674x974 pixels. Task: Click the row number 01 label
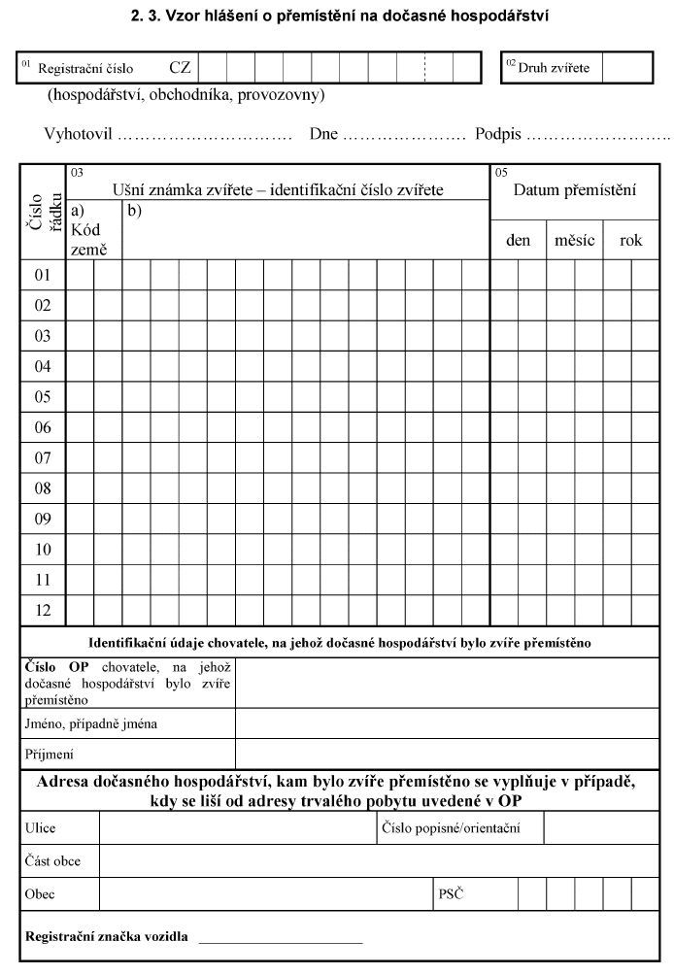[x=43, y=275]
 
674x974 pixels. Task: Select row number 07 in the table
[x=43, y=457]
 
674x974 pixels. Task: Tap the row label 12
[x=43, y=610]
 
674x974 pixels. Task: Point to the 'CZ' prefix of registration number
[x=180, y=68]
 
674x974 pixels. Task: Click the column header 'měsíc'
[x=574, y=240]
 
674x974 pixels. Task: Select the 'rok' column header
[x=631, y=240]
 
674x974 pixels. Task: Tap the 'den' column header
[x=519, y=240]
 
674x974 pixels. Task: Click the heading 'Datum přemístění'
[x=574, y=190]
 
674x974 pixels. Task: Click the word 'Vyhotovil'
[x=78, y=134]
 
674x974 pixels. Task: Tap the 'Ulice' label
[x=41, y=828]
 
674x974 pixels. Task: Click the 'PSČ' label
[x=452, y=893]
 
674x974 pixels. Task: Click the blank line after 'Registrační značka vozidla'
[x=281, y=938]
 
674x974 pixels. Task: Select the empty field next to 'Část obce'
[x=379, y=861]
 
